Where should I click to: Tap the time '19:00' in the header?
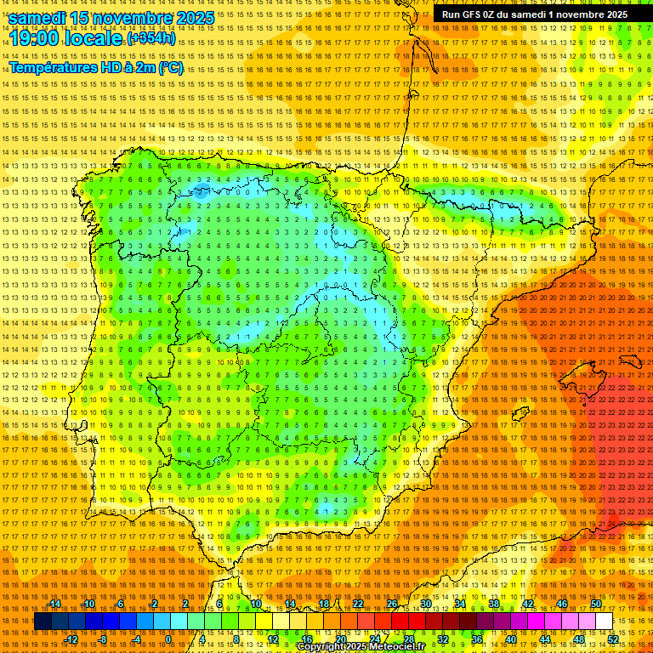pyautogui.click(x=37, y=38)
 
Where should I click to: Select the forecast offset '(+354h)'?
pyautogui.click(x=151, y=38)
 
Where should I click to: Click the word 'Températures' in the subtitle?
pyautogui.click(x=53, y=68)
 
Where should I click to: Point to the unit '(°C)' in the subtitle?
pyautogui.click(x=170, y=68)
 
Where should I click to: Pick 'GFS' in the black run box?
pyautogui.click(x=476, y=14)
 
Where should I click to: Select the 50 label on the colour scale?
pyautogui.click(x=596, y=604)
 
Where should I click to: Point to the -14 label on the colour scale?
pyautogui.click(x=55, y=604)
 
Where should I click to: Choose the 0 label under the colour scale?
pyautogui.click(x=168, y=639)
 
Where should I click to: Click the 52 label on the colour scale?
pyautogui.click(x=612, y=639)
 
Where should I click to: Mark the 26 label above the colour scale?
pyautogui.click(x=392, y=604)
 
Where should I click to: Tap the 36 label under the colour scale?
pyautogui.click(x=476, y=639)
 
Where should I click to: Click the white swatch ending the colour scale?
pyautogui.click(x=605, y=622)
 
